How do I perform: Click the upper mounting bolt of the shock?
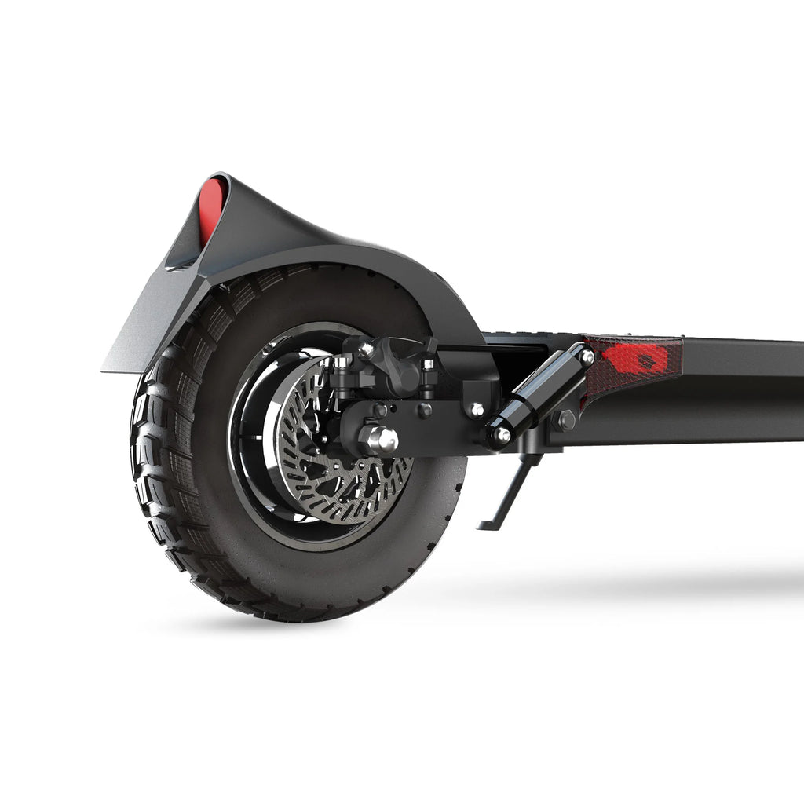586,356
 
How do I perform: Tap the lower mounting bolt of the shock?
500,433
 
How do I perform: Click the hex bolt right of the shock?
565,421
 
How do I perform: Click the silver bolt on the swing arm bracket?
476,409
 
